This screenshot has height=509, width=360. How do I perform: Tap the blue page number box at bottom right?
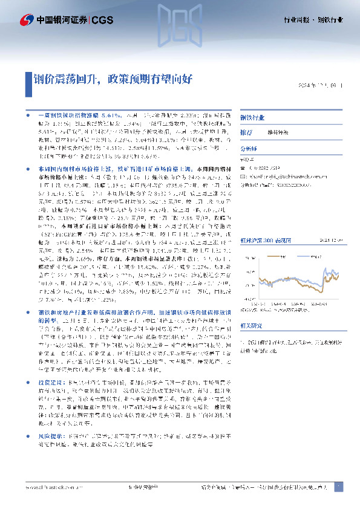tap(338, 487)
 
